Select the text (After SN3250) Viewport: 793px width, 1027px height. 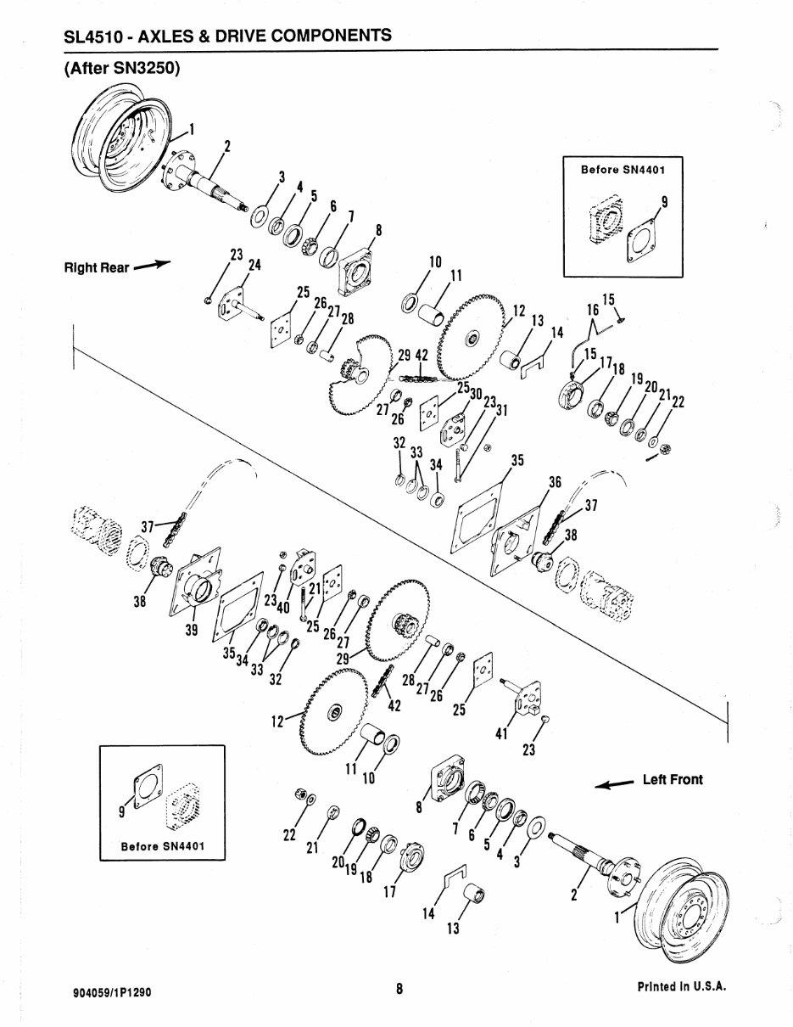point(122,69)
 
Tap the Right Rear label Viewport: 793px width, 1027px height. point(97,268)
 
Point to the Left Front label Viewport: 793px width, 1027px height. point(673,779)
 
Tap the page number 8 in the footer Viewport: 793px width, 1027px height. point(398,989)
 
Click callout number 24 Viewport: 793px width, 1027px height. point(254,264)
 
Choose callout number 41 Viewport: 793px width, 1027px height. point(501,733)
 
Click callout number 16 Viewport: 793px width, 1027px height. point(592,311)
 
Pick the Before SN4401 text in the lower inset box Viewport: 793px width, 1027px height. point(163,846)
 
